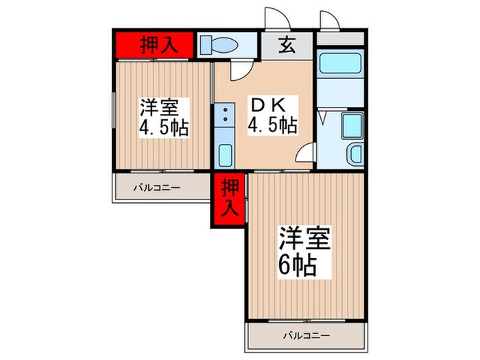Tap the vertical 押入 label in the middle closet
[x=228, y=197]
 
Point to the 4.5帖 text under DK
[x=272, y=125]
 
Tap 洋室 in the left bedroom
[x=160, y=108]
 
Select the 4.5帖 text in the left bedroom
[x=165, y=128]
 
